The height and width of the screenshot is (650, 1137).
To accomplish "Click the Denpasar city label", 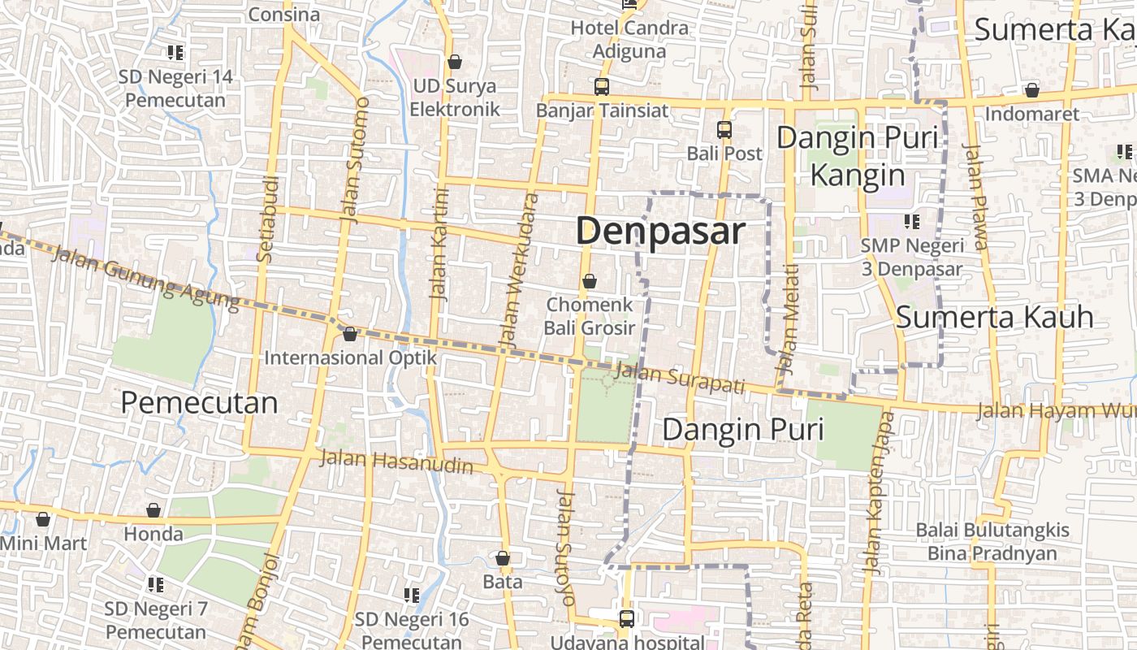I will point(659,232).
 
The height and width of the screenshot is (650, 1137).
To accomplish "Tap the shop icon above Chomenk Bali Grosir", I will point(590,282).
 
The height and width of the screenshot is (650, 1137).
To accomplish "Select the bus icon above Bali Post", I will point(724,129).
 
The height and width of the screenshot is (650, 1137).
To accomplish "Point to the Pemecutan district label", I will point(199,403).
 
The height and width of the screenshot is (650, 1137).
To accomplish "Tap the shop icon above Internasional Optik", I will point(350,334).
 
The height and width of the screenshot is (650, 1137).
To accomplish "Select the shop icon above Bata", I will point(503,558).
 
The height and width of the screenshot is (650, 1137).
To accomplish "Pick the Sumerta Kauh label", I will point(995,318).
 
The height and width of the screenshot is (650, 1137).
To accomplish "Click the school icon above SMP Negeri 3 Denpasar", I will point(912,221).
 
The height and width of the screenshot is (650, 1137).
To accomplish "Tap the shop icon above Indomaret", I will point(1031,90).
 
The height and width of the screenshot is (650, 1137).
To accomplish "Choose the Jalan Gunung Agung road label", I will point(146,279).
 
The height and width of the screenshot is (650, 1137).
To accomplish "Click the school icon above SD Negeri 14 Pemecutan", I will point(175,53).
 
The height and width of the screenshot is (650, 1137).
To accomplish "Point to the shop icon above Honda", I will point(153,510).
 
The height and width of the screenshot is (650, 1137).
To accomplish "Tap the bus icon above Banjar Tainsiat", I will point(602,86).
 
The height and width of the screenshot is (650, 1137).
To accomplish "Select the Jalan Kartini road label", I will point(439,244).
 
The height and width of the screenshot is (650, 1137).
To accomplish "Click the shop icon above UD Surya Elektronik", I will point(455,62).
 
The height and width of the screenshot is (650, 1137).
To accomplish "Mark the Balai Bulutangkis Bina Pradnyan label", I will point(992,542).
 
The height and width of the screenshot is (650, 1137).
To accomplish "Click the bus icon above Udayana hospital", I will point(626,618).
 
